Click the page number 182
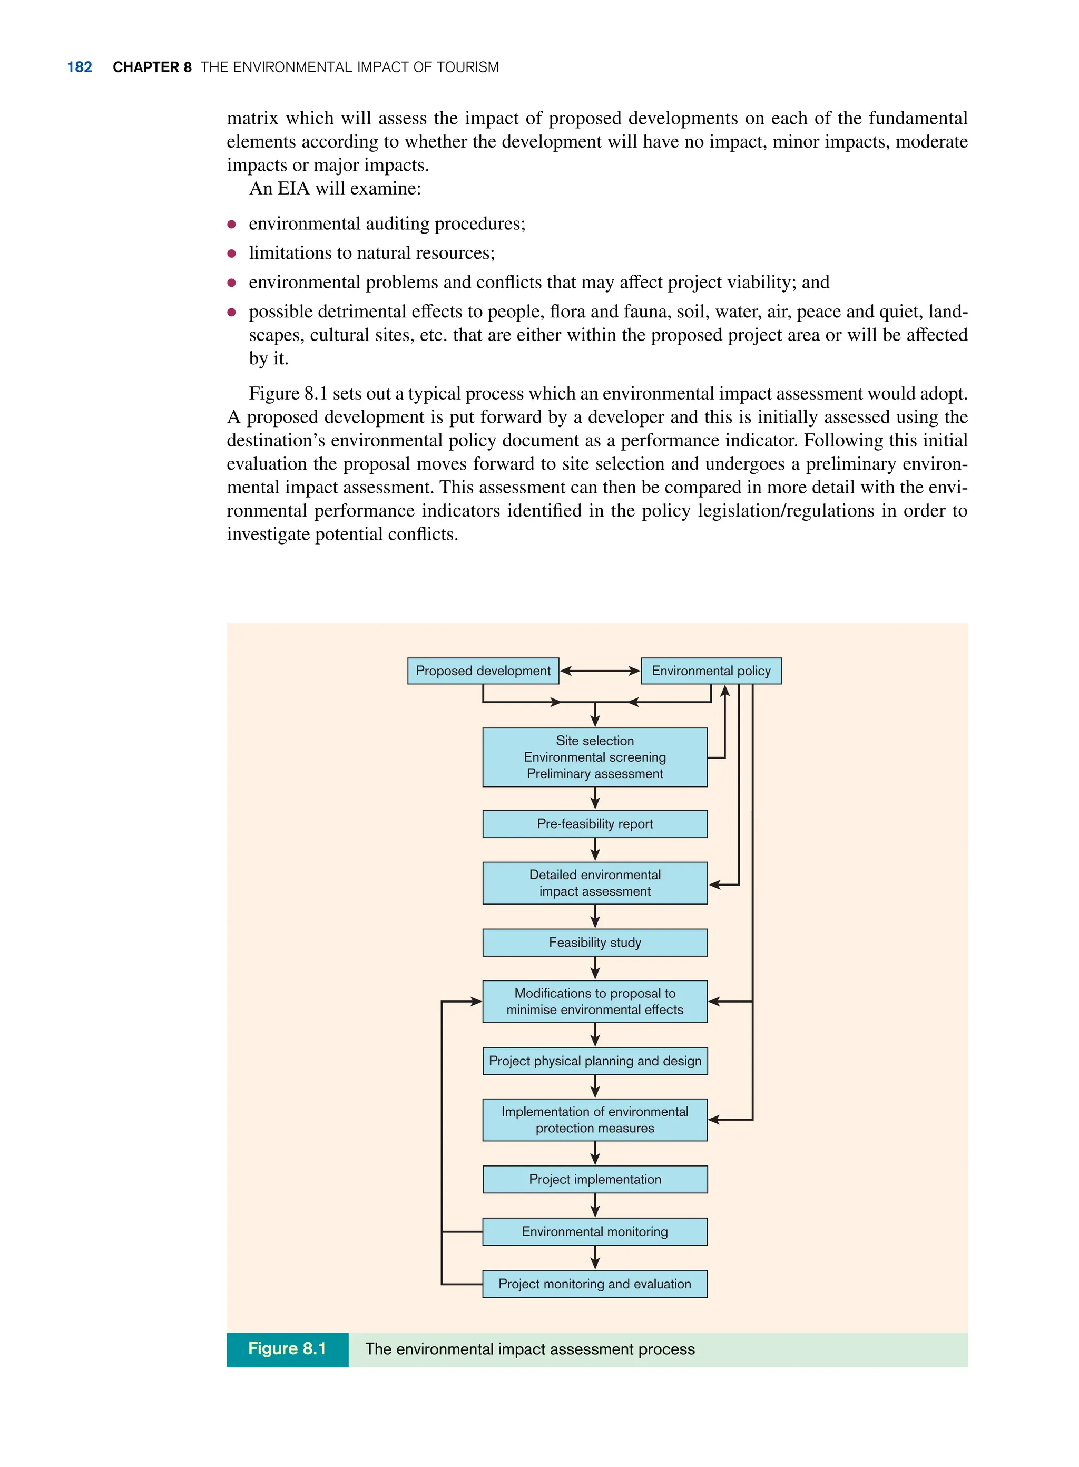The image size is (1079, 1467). [79, 67]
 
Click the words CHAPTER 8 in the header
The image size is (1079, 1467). [152, 67]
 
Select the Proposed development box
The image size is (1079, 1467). [483, 671]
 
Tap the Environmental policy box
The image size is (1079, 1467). [711, 671]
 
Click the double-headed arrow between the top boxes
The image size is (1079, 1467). [600, 671]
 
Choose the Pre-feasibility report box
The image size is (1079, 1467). [594, 823]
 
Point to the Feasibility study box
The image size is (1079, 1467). [594, 943]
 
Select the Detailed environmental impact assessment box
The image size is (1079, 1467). [594, 883]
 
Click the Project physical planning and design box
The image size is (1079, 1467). [594, 1061]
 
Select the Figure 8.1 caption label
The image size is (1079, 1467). [287, 1349]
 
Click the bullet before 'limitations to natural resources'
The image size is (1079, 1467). [231, 254]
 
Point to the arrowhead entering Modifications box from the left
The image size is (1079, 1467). [476, 1001]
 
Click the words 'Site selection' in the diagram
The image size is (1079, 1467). [594, 741]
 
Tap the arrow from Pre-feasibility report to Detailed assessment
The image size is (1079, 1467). [594, 850]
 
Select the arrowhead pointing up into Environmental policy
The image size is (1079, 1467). [724, 692]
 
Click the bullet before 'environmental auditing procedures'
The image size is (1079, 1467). [231, 224]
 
